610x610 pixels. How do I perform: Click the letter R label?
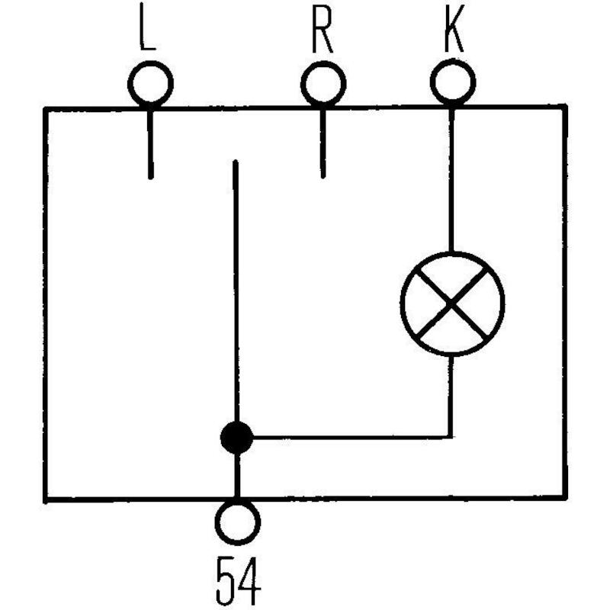tap(322, 29)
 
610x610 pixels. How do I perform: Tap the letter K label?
tap(454, 28)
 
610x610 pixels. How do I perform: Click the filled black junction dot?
tap(236, 437)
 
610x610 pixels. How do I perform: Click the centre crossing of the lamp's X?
tap(451, 302)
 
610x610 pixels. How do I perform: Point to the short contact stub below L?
tap(150, 145)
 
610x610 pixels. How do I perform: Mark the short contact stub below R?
tap(323, 144)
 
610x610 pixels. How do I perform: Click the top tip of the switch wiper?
tap(235, 161)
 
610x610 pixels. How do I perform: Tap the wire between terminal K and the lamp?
tap(451, 181)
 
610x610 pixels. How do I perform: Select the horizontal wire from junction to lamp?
tap(352, 437)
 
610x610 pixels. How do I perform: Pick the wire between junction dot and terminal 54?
tap(236, 477)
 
